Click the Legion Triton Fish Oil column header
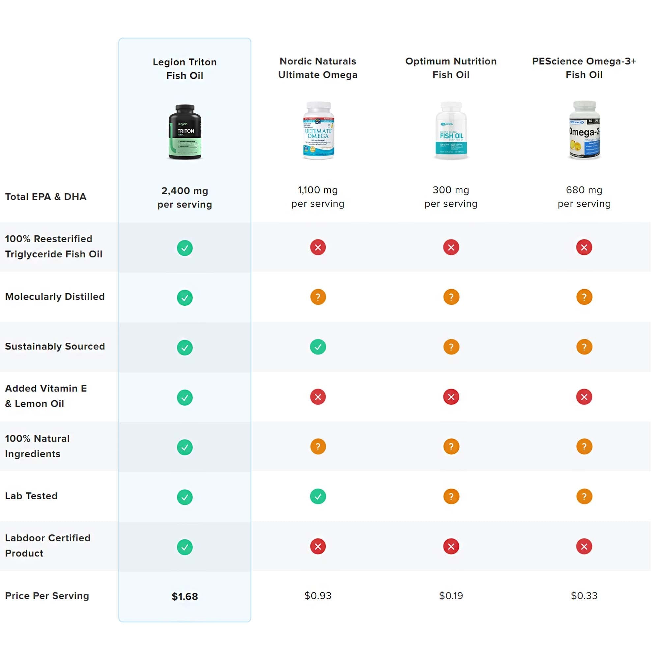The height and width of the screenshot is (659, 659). (x=185, y=69)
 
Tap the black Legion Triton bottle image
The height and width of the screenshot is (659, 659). (x=185, y=132)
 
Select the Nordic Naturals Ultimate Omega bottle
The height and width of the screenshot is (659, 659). (x=318, y=130)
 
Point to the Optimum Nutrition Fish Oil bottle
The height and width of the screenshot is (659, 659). (x=451, y=130)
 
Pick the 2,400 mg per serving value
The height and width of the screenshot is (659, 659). (x=185, y=197)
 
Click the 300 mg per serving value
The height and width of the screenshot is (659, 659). (x=451, y=197)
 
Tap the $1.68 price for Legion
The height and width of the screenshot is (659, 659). (x=185, y=597)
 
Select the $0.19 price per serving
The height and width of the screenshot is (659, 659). (x=451, y=596)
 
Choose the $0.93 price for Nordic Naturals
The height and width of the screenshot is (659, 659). (x=318, y=596)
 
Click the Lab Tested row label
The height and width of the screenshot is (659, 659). (x=31, y=496)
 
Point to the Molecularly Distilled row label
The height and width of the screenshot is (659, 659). (x=55, y=297)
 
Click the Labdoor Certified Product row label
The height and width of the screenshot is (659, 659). (x=47, y=545)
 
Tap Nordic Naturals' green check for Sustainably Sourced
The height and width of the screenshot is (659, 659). (x=318, y=347)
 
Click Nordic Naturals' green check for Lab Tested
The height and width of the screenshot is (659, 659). (x=318, y=497)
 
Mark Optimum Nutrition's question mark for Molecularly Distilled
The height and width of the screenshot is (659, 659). (x=451, y=297)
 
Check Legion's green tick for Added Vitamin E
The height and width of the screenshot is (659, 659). (x=185, y=398)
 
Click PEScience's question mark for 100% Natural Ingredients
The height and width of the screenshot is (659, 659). (x=584, y=447)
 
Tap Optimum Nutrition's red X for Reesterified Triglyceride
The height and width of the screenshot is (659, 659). (x=451, y=247)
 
